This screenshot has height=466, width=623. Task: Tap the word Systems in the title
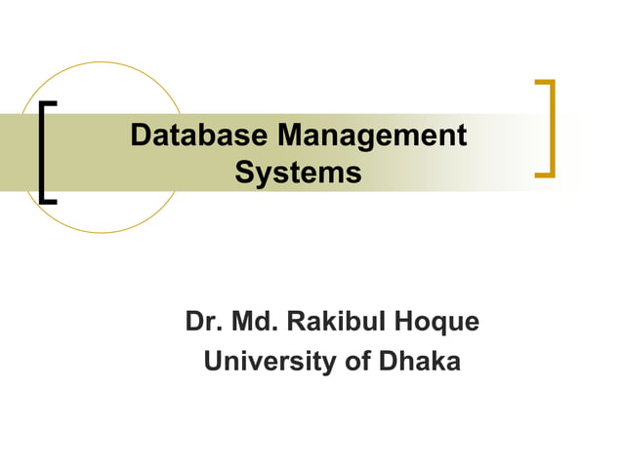pos(298,175)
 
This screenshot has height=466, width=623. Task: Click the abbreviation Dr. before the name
pos(201,321)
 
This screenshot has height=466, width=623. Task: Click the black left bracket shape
pos(46,151)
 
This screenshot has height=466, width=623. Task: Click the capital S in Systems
pos(245,175)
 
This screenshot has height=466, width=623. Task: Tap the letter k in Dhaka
pos(436,361)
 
